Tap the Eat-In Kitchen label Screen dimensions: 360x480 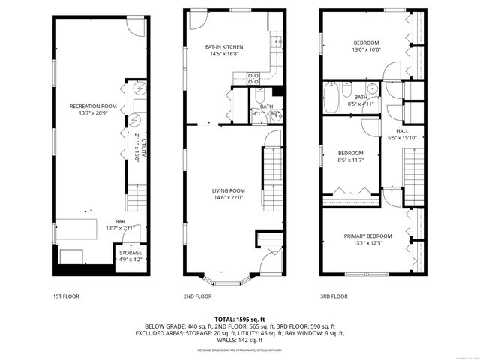(225, 46)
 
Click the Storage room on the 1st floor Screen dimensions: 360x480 (130, 256)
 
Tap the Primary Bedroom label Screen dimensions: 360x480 (369, 236)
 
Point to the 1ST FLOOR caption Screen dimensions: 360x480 (66, 296)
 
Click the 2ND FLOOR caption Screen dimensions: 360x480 (197, 296)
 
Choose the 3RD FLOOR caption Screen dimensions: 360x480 (334, 296)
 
